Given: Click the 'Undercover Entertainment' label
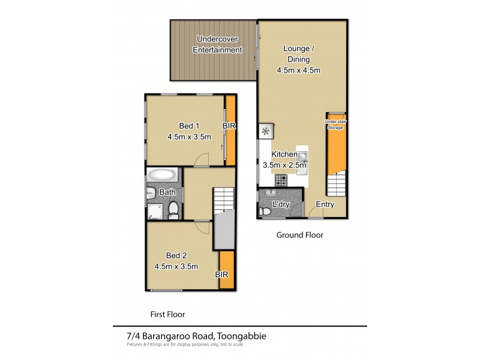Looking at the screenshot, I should (x=217, y=45).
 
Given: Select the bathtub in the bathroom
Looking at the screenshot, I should (x=163, y=175).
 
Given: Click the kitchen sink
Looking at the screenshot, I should (x=304, y=158).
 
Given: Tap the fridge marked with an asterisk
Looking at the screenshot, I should (x=265, y=130).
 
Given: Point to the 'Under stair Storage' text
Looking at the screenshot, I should (x=335, y=124).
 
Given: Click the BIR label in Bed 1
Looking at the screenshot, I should (x=229, y=126).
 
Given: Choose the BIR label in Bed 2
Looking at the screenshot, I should (x=223, y=274).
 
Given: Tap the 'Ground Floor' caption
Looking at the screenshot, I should (x=299, y=235).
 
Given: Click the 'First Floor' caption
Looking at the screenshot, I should (x=167, y=314).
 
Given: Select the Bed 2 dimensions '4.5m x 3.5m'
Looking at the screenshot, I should (x=177, y=266).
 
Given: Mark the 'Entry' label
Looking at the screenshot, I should (x=325, y=205).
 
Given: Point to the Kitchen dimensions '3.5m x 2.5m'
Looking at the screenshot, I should (x=284, y=166).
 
